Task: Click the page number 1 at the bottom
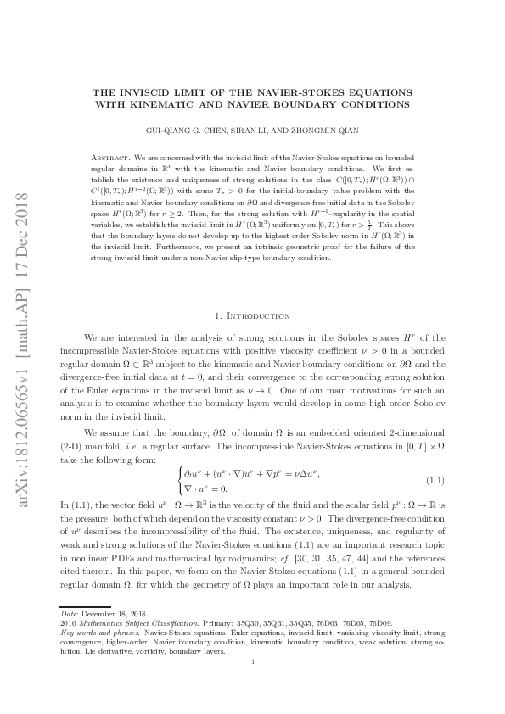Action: [x=252, y=685]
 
